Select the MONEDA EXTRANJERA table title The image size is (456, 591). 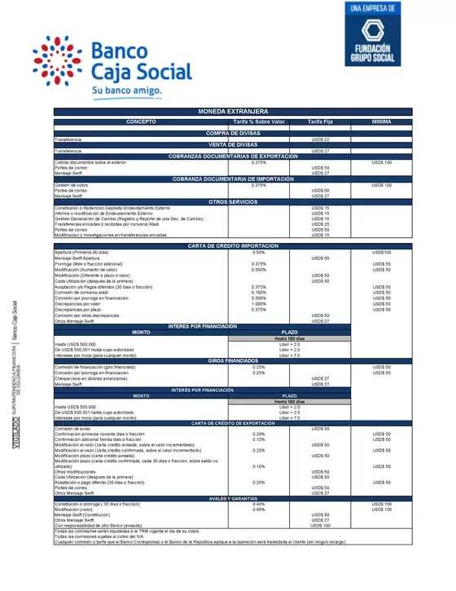[233, 111]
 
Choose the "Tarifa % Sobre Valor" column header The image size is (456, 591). [258, 121]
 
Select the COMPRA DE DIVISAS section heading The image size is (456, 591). [233, 133]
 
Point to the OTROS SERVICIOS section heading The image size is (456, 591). [233, 201]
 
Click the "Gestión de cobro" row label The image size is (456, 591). [72, 185]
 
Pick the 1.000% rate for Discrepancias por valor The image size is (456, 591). [258, 304]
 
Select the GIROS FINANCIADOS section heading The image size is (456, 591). [233, 359]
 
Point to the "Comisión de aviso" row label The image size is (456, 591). [72, 428]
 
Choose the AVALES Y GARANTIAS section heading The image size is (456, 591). [233, 498]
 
